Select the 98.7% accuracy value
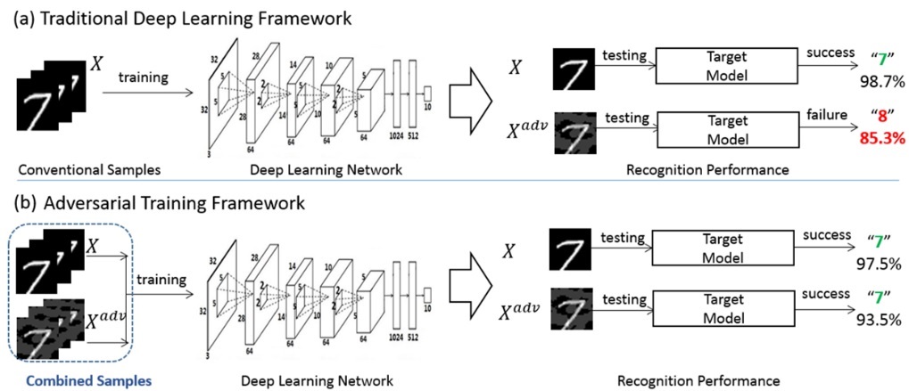(880, 81)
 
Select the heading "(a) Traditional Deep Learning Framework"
(178, 16)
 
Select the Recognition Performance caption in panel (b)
(698, 380)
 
